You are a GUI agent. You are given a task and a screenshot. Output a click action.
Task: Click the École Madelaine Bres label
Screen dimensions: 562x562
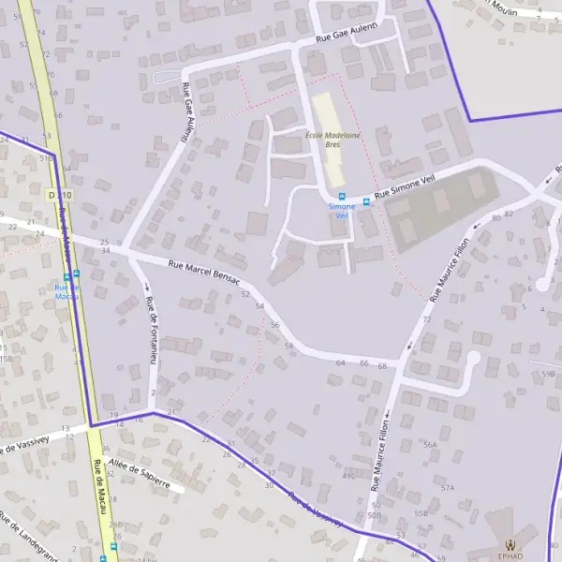point(333,140)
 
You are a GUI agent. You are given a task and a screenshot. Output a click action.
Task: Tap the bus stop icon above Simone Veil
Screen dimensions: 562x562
point(341,198)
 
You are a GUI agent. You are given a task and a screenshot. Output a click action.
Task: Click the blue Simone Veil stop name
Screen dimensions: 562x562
point(341,210)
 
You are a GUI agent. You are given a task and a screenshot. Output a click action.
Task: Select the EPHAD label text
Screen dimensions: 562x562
point(510,555)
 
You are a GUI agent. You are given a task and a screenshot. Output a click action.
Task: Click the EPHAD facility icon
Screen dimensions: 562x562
point(510,545)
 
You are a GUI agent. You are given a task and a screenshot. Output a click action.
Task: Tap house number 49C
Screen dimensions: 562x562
point(348,476)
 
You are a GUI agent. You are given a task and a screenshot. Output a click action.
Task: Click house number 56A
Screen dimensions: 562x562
point(430,445)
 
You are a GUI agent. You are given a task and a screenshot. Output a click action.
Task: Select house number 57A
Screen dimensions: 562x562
point(448,488)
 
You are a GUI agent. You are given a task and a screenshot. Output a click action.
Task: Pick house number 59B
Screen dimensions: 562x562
point(548,374)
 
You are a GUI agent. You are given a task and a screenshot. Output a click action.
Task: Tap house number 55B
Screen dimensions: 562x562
point(421,513)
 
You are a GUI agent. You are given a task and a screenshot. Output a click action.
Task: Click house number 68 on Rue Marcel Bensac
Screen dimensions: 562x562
point(382,365)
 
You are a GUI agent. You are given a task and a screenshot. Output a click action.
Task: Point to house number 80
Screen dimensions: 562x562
point(495,217)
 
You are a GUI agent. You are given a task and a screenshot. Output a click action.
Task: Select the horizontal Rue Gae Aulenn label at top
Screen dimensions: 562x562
point(346,37)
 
